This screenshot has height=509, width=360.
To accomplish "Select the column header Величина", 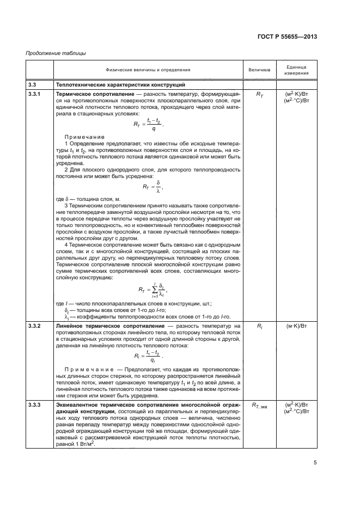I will (x=259, y=70).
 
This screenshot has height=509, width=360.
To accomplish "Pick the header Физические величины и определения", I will (x=148, y=70).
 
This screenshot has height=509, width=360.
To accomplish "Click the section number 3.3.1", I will (x=35, y=95).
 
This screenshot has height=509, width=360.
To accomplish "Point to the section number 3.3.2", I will (x=35, y=325).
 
